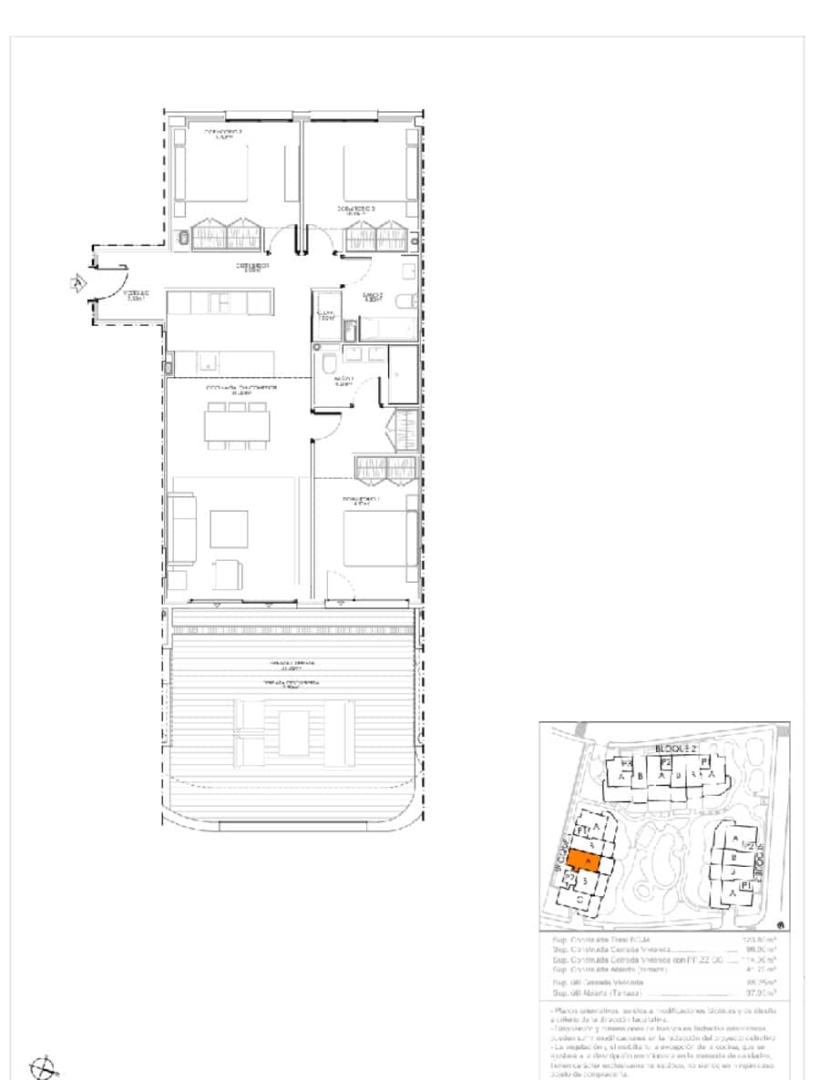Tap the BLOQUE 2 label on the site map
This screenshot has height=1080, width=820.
tap(675, 749)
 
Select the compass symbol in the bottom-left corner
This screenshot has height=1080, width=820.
tap(43, 1066)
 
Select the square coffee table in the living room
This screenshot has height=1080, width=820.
tap(229, 528)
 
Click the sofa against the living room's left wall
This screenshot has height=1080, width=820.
tap(183, 529)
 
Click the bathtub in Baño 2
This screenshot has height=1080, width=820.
tap(389, 328)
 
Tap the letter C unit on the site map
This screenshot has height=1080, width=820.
tap(581, 902)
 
